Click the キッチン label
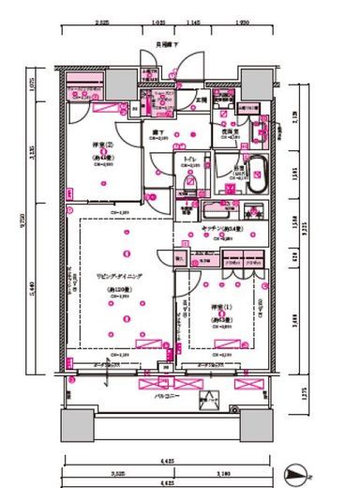(x=222, y=229)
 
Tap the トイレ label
(x=190, y=160)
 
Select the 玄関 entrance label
(x=200, y=99)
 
